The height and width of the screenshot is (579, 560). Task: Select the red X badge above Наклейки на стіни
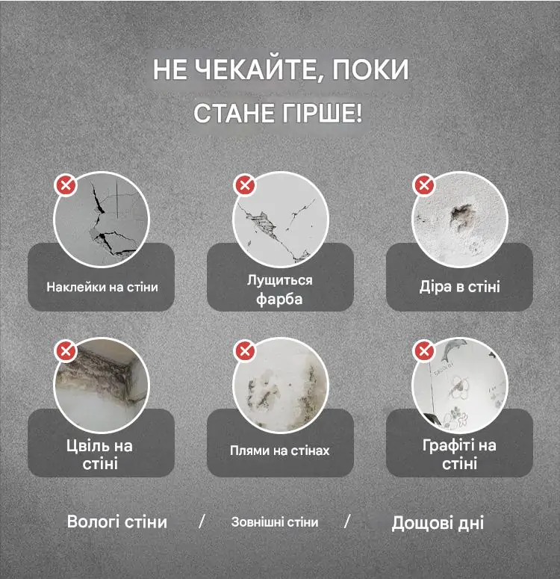click(x=66, y=185)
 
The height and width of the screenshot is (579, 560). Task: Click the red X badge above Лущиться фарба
click(x=245, y=185)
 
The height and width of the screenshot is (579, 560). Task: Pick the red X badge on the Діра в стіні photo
click(x=424, y=185)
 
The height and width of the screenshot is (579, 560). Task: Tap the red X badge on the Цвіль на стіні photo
click(x=66, y=350)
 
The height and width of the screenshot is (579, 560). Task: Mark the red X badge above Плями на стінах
click(x=245, y=350)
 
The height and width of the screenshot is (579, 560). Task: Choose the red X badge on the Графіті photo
click(x=424, y=350)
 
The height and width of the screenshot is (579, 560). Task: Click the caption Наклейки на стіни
click(x=102, y=287)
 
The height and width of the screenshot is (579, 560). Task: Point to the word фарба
click(x=279, y=298)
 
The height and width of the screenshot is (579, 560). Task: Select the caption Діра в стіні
click(x=460, y=287)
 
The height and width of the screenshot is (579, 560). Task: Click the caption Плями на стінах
click(x=279, y=450)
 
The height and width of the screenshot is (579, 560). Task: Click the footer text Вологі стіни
click(x=117, y=522)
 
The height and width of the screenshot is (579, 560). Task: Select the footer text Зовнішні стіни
click(x=275, y=522)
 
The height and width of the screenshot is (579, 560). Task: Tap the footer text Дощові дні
click(x=438, y=523)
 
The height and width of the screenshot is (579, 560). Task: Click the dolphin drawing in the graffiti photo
click(x=452, y=350)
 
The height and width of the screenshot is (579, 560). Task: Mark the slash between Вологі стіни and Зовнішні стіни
click(x=202, y=521)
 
